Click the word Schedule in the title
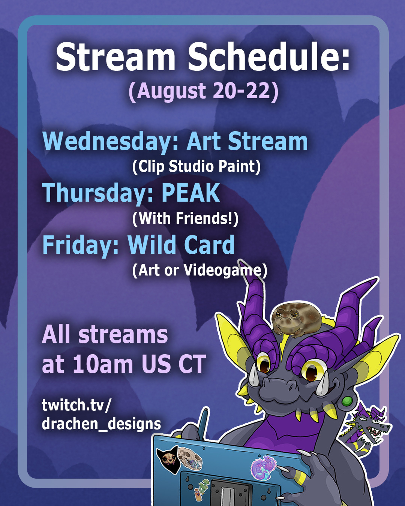(269, 57)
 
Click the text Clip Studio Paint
(196, 166)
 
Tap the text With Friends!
(186, 219)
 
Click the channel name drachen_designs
(101, 424)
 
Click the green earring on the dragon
(347, 401)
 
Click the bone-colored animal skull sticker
(190, 458)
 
